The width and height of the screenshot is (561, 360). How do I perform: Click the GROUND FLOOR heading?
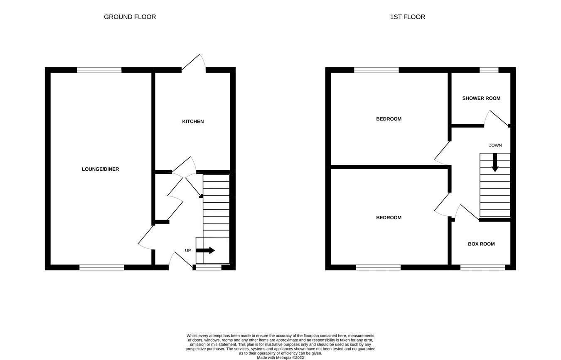click(130, 17)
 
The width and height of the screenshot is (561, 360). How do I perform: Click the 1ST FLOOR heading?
click(407, 17)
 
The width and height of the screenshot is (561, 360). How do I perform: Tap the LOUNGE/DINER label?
click(100, 169)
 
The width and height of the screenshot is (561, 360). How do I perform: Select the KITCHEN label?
click(193, 122)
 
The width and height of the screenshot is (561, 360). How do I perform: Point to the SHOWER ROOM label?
click(481, 98)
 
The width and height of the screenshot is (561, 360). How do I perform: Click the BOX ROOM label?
click(481, 244)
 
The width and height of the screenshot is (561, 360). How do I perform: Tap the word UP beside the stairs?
click(188, 251)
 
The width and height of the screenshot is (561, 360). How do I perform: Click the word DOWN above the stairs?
click(495, 145)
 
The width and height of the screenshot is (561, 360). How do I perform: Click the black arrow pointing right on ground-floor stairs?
click(205, 250)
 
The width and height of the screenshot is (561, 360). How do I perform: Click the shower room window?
click(489, 70)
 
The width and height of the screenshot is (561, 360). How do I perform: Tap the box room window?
click(482, 267)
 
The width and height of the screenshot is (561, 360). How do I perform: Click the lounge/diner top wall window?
click(99, 70)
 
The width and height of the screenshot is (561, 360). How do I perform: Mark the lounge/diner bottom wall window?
click(102, 267)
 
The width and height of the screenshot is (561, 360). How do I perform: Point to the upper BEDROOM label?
click(389, 119)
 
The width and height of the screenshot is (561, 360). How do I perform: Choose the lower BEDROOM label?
click(389, 218)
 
